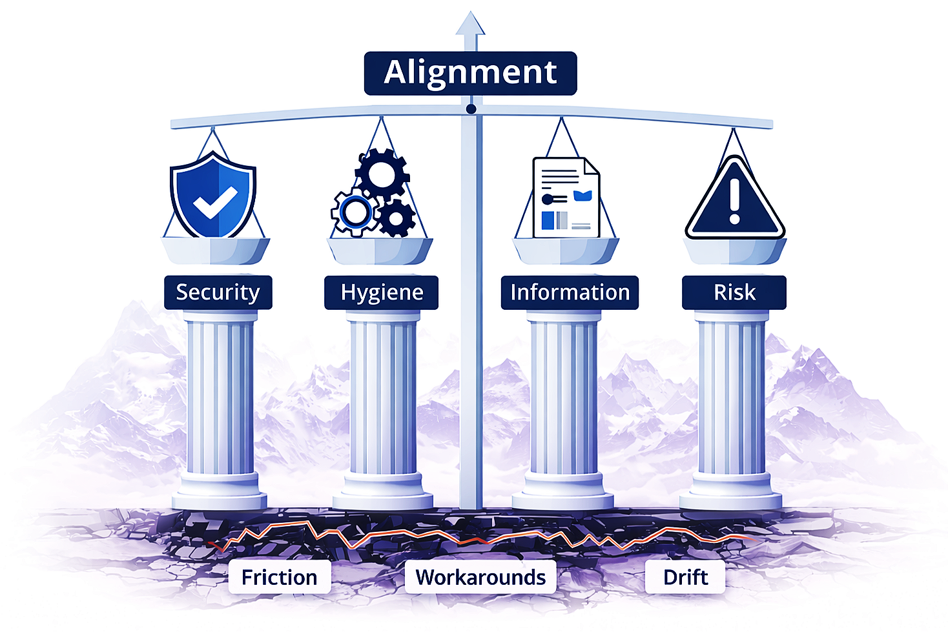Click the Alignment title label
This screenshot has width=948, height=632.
[x=470, y=73]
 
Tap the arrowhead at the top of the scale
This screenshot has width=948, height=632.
[x=470, y=25]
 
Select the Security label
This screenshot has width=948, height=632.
[x=218, y=292]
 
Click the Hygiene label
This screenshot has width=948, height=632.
[x=382, y=292]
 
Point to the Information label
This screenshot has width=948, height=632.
[x=570, y=292]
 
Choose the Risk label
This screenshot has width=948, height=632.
[x=734, y=292]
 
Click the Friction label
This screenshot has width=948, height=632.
[x=279, y=576]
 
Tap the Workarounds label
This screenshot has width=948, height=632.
[x=480, y=576]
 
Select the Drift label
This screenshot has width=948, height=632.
[x=685, y=576]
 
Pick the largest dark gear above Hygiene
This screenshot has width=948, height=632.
[x=382, y=173]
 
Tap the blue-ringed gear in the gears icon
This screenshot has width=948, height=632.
[x=354, y=211]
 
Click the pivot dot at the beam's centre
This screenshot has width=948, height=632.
[x=471, y=109]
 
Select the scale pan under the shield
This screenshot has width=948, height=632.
[x=215, y=250]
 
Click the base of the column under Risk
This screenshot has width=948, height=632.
[x=730, y=497]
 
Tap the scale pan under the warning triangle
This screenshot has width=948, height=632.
[x=735, y=250]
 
